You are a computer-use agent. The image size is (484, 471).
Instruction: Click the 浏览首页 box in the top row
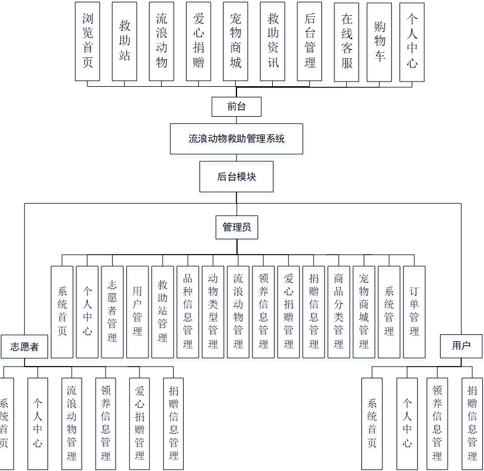pos(87,41)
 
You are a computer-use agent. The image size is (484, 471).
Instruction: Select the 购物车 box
pos(380,41)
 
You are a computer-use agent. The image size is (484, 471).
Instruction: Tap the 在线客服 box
pos(347,41)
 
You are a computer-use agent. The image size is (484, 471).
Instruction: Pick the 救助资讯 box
pos(273,41)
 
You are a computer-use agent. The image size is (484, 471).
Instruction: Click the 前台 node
pos(236,107)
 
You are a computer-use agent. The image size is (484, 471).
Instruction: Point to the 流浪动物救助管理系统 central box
pos(236,139)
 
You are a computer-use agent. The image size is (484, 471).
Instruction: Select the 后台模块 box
pos(236,177)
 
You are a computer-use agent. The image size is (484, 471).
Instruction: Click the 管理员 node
pos(236,227)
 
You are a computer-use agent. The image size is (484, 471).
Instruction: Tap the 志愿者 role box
pos(24,346)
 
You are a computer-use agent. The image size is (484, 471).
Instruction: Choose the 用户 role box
pos(461,345)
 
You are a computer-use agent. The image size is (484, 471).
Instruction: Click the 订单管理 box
pos(414,312)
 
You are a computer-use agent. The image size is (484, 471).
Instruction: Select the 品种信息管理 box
pos(188,312)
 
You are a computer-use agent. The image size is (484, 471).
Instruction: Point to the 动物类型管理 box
pos(213,312)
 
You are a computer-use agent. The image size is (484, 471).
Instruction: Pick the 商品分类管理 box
pos(339,312)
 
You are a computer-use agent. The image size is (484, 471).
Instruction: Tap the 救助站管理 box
pos(163,312)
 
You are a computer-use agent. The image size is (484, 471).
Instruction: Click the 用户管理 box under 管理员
pos(137,312)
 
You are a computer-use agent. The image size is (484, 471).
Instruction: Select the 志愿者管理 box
pos(112,312)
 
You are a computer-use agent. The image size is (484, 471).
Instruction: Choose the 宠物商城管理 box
pos(364,312)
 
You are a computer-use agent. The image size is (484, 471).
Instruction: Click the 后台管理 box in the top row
pos(310,41)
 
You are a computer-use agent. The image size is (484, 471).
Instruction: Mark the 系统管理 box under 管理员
pos(389,312)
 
